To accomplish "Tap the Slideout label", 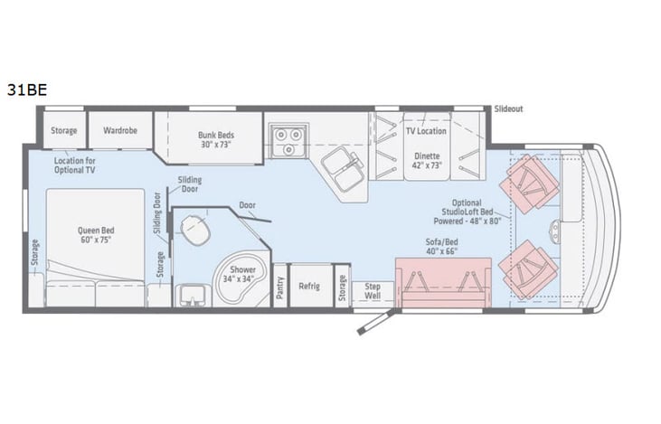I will pos(508,108).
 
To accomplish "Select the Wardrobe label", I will pos(119,130).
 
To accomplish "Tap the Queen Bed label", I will pos(94,235).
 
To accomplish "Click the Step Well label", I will pos(373,291).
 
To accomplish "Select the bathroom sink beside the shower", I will pos(192,295).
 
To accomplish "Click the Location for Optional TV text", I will pos(76,165).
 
